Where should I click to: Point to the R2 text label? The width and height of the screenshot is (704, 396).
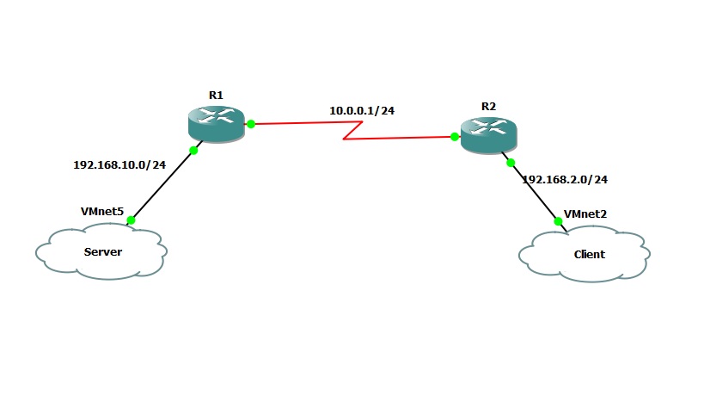click(488, 106)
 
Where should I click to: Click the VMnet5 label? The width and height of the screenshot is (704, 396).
click(101, 211)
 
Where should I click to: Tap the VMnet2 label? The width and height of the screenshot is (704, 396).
click(585, 213)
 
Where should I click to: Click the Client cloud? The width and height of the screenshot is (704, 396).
click(585, 253)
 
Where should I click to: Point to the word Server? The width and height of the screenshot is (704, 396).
click(102, 252)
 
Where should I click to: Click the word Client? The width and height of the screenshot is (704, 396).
click(589, 254)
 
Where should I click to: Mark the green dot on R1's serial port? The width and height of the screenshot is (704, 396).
click(251, 124)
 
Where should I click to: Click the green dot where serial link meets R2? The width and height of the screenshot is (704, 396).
click(453, 136)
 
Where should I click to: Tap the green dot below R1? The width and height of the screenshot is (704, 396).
click(193, 151)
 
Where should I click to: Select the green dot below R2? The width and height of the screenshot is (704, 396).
click(510, 162)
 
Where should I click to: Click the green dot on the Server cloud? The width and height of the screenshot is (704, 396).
click(132, 220)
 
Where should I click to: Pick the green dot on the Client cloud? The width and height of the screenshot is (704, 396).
click(558, 221)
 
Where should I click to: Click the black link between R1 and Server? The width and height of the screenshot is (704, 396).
click(163, 185)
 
